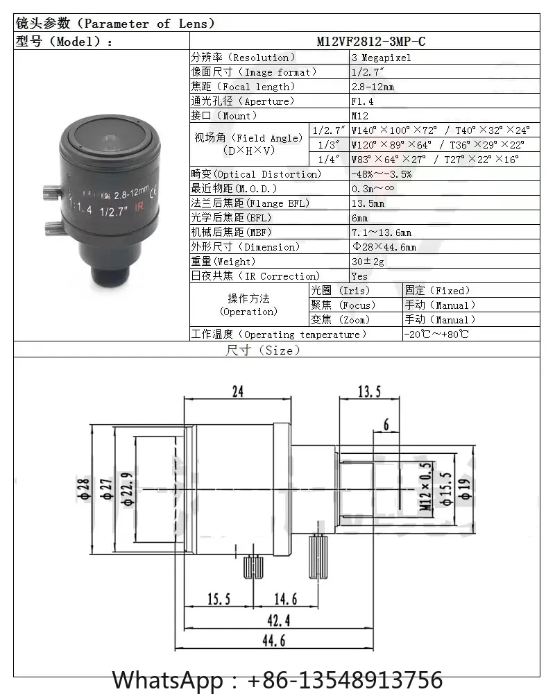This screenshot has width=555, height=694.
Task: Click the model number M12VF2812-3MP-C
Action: [x=370, y=42]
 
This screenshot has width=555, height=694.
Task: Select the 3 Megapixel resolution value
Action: [x=381, y=58]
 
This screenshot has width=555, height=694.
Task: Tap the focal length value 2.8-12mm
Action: [x=373, y=87]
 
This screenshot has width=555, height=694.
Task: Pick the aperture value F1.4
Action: [x=362, y=101]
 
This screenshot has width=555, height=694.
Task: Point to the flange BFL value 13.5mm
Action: [x=367, y=203]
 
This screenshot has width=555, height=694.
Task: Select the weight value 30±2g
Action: [x=368, y=262]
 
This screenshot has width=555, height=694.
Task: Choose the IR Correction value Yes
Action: [x=359, y=276]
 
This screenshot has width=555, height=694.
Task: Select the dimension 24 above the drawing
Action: [x=238, y=392]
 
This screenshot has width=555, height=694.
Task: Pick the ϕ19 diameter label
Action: [x=465, y=491]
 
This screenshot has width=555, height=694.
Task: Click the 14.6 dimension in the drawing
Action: [x=285, y=598]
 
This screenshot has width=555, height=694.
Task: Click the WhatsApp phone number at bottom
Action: [x=277, y=679]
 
